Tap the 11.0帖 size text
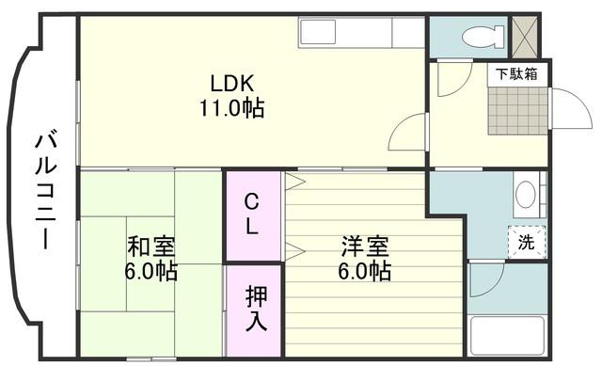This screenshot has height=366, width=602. (x=230, y=107)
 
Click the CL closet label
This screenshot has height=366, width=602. (x=253, y=215)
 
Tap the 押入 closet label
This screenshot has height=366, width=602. (x=253, y=308)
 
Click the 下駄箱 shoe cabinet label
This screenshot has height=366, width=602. (x=517, y=74)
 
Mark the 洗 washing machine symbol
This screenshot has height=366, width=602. (x=526, y=243)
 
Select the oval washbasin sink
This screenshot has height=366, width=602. (x=525, y=196)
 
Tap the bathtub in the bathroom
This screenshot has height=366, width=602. (x=507, y=337)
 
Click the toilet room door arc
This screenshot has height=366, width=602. (x=449, y=77)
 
